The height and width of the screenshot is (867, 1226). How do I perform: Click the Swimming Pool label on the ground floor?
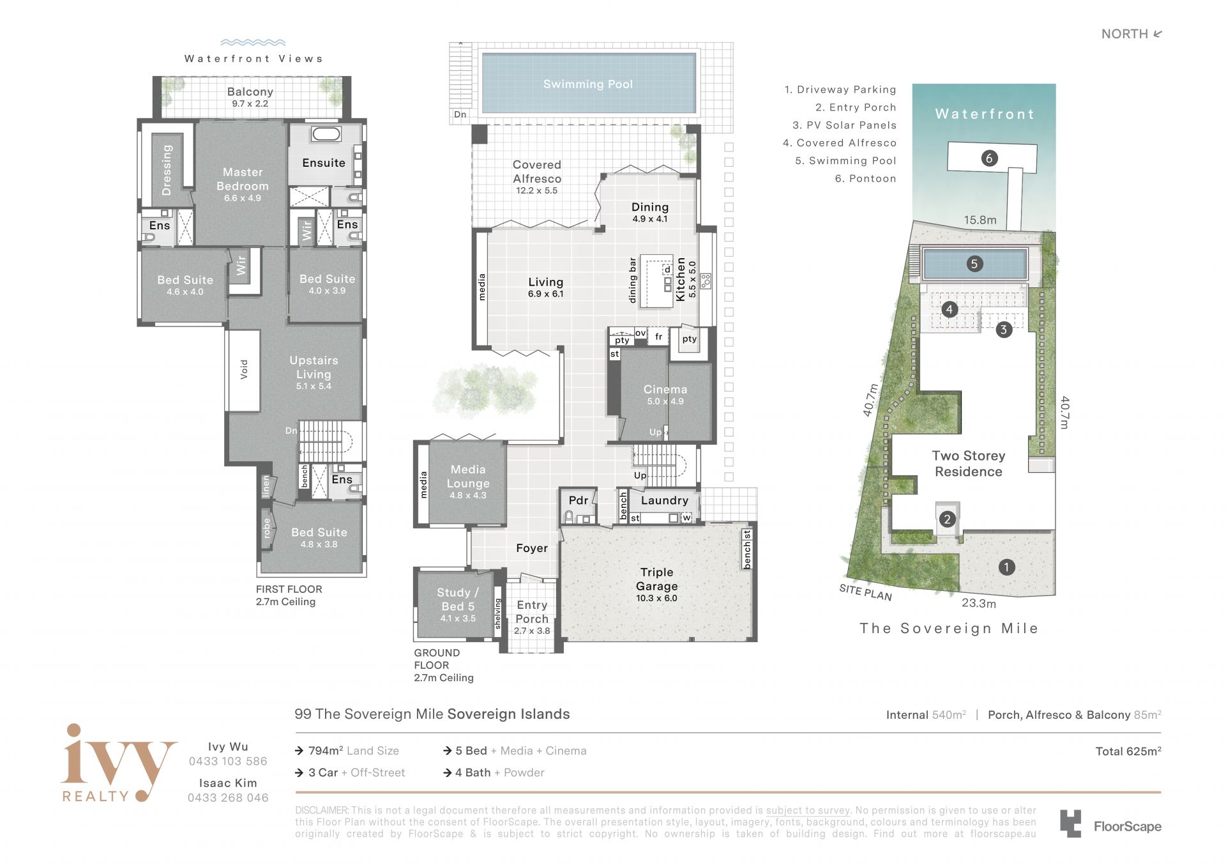click(x=587, y=84)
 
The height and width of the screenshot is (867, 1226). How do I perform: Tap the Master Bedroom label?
click(x=243, y=179)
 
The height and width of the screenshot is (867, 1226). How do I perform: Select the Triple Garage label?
click(x=656, y=579)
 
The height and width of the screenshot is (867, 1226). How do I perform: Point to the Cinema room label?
click(x=665, y=389)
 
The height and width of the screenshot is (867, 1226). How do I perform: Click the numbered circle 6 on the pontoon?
click(x=989, y=158)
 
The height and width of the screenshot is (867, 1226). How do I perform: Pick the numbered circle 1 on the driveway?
click(x=1006, y=567)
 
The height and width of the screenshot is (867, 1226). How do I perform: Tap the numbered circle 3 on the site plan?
click(x=1004, y=330)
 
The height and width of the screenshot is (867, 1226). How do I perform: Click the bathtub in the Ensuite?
click(x=326, y=134)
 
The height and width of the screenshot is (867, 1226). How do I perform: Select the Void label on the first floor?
click(x=244, y=369)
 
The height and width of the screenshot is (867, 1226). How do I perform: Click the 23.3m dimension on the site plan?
click(x=979, y=603)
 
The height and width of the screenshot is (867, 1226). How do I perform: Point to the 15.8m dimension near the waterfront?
click(x=980, y=220)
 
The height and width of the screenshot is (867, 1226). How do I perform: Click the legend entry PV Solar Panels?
click(x=844, y=125)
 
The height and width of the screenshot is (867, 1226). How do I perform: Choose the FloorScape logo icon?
click(x=1071, y=824)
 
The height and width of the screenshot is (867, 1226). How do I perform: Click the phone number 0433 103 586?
click(x=228, y=761)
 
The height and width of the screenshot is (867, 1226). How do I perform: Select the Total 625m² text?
click(x=1128, y=751)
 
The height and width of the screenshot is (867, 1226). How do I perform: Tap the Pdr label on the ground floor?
click(x=579, y=500)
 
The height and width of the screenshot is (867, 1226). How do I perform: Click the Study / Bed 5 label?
click(x=458, y=599)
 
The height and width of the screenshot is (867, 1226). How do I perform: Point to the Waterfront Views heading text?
click(x=254, y=59)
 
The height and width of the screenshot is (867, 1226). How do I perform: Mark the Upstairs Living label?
click(x=314, y=367)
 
